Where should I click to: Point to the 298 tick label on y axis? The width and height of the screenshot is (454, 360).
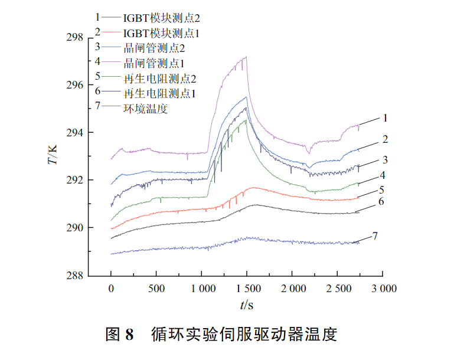[x=75, y=38]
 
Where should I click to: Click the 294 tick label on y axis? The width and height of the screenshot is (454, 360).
[x=75, y=133]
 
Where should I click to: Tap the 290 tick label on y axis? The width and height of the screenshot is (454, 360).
[x=75, y=228]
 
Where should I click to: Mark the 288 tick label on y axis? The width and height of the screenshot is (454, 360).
[x=75, y=275]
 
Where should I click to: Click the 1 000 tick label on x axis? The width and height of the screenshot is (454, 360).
[x=201, y=289]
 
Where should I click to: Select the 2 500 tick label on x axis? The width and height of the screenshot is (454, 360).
[x=338, y=289]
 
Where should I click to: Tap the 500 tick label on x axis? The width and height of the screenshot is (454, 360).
[x=156, y=289]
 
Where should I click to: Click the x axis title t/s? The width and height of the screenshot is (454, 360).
[x=247, y=305]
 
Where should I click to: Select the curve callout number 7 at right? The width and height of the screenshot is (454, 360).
[x=374, y=236]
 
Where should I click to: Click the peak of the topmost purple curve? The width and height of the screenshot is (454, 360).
[x=245, y=57]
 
